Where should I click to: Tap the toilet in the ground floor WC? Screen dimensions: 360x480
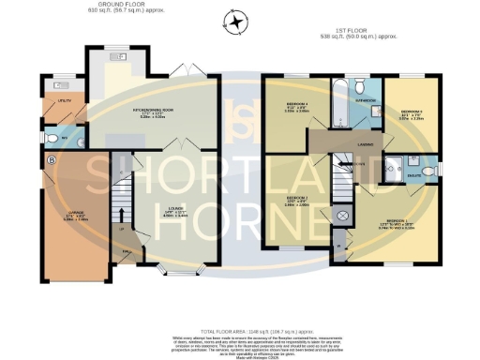(52, 140)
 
